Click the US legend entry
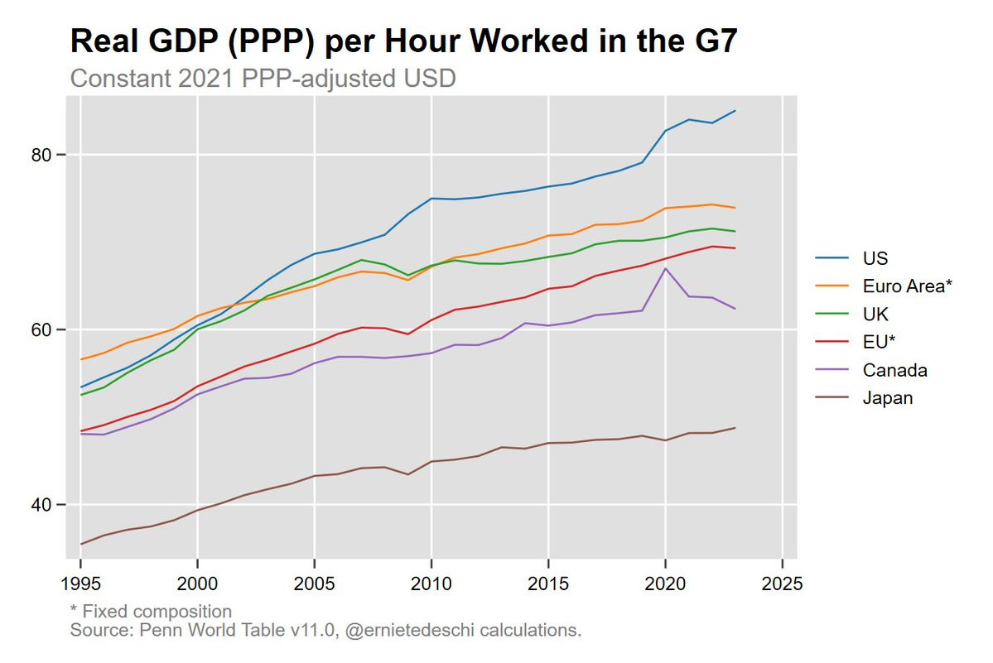875,258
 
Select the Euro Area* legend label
907,286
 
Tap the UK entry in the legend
875,314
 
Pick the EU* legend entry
879,342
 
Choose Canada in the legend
894,370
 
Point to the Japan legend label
888,398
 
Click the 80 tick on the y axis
41,155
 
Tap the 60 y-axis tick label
41,329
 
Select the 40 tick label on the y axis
41,505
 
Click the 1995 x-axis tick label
80,584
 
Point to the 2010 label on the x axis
431,584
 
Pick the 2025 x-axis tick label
782,584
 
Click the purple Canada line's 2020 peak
665,268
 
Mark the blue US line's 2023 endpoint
735,111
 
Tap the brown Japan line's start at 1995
81,544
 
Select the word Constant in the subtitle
120,79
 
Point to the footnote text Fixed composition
157,611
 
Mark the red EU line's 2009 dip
407,334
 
